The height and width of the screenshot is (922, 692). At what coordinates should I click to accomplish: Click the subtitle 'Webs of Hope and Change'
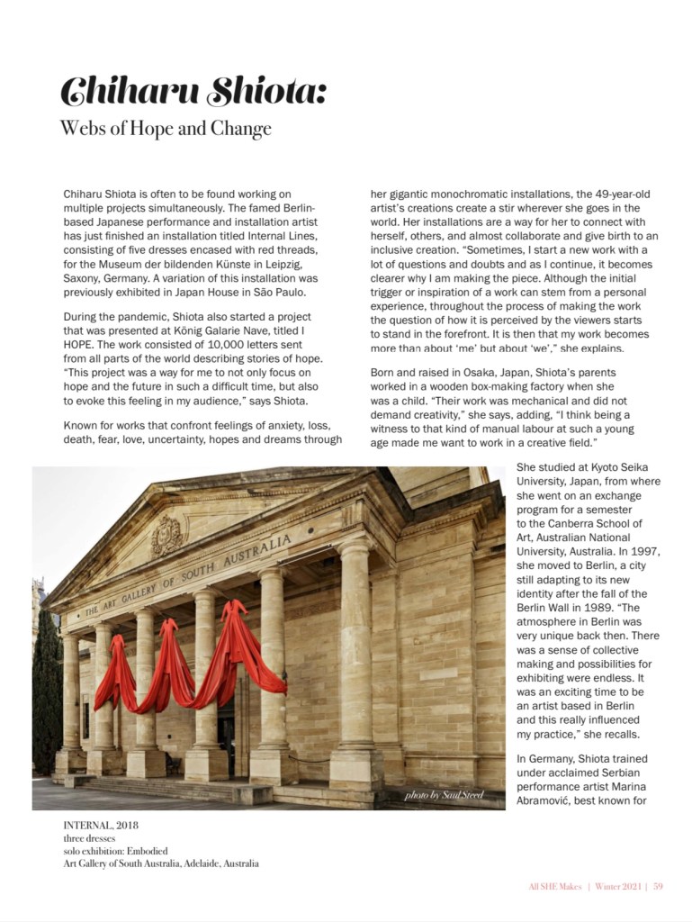165,129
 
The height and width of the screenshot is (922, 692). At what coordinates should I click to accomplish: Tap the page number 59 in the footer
658,886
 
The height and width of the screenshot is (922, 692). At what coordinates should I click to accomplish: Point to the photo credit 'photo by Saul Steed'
444,795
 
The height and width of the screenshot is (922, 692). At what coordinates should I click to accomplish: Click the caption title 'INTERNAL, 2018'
101,825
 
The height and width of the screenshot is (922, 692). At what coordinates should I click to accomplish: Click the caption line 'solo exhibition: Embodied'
115,851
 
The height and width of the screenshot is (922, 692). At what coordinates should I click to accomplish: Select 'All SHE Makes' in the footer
554,886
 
